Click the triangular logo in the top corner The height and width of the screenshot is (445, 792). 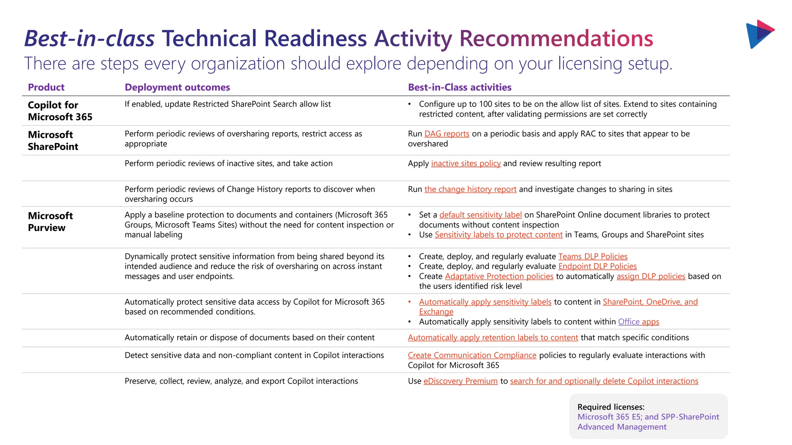click(x=759, y=34)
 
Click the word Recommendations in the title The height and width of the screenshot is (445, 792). click(x=556, y=39)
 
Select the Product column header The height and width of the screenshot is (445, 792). click(x=46, y=87)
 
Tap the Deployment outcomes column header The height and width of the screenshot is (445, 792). click(x=177, y=87)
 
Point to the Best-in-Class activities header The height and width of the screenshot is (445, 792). click(x=459, y=87)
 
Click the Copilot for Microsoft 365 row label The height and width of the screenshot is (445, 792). click(x=60, y=111)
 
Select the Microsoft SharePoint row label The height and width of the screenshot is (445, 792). click(x=53, y=141)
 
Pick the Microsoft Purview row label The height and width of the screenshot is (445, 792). click(x=50, y=222)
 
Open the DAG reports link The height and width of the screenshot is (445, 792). click(x=447, y=134)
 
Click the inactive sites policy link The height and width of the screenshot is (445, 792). click(x=466, y=163)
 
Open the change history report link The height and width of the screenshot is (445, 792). click(x=470, y=189)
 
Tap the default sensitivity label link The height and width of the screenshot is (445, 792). click(x=480, y=215)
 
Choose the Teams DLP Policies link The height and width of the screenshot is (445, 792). click(x=592, y=256)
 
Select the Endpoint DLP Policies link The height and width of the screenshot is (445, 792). click(x=597, y=266)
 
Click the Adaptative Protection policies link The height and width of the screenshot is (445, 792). click(x=499, y=276)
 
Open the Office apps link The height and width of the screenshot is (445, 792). click(x=638, y=322)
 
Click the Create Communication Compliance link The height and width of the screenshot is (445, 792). click(x=472, y=355)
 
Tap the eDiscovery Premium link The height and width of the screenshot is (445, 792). click(x=460, y=381)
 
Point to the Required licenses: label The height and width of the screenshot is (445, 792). click(x=611, y=407)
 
